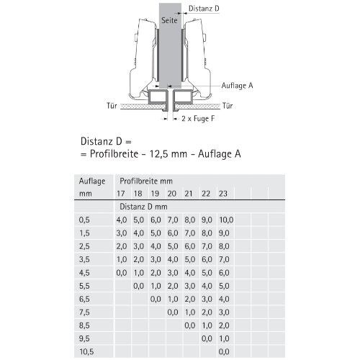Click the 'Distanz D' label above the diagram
(x=204, y=9)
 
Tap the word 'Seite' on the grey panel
(x=169, y=20)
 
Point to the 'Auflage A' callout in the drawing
(x=237, y=86)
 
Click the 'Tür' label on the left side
(x=112, y=106)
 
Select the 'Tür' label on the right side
(x=228, y=106)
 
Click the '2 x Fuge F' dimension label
(x=198, y=119)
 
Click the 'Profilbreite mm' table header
(x=146, y=181)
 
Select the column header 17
(x=120, y=194)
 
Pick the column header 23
(x=223, y=194)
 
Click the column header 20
(x=172, y=194)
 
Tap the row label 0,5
(x=84, y=220)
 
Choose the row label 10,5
(x=86, y=352)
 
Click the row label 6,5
(x=84, y=299)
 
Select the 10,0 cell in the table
(x=226, y=220)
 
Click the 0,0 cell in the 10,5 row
(x=224, y=352)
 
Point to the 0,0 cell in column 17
(x=122, y=273)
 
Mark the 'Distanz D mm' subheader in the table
(x=143, y=207)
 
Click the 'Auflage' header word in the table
(x=92, y=181)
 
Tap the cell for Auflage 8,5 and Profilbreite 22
(x=207, y=325)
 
